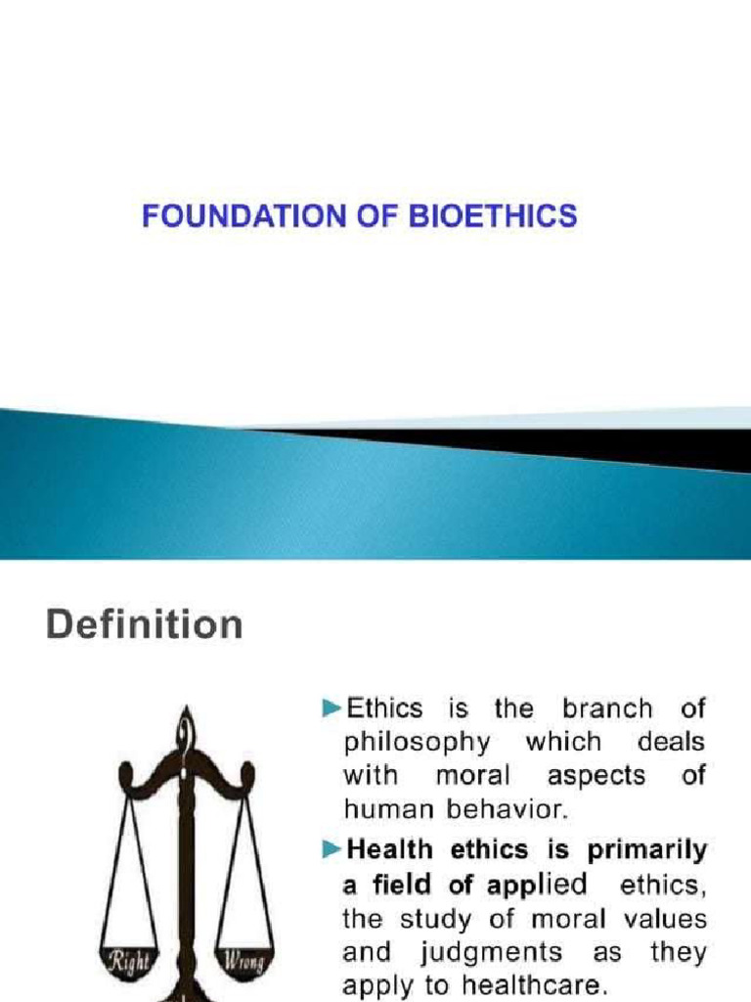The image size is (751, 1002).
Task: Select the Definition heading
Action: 144,624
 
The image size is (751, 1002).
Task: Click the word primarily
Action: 644,851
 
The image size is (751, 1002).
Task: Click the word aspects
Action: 596,776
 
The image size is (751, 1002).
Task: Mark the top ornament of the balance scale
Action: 184,729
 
